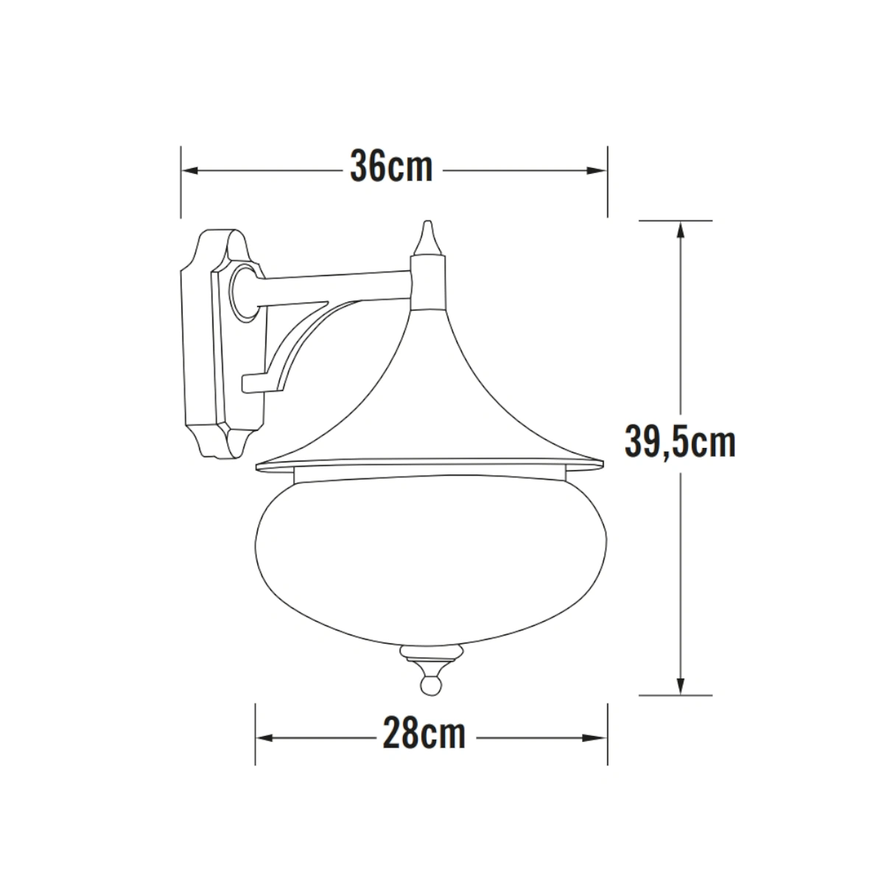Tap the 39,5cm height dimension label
(680, 443)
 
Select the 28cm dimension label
(424, 734)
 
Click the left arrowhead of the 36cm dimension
(190, 171)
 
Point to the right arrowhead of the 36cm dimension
(597, 171)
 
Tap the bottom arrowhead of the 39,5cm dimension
(681, 685)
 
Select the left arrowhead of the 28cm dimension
(264, 738)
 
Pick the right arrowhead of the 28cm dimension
(597, 738)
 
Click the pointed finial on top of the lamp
(427, 238)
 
